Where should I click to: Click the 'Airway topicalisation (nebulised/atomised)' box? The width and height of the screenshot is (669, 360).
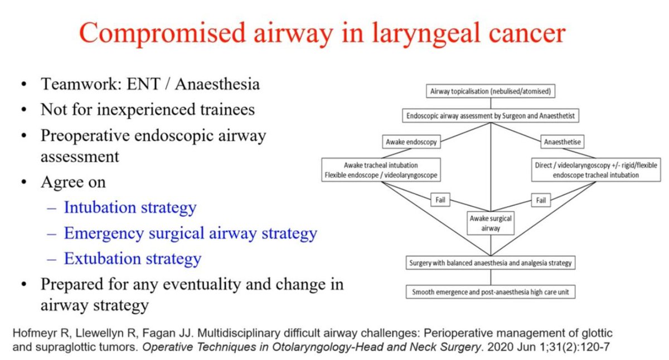tap(491, 91)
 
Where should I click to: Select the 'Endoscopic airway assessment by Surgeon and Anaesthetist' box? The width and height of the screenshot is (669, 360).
tap(491, 116)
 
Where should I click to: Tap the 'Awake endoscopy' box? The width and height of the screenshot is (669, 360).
tap(411, 142)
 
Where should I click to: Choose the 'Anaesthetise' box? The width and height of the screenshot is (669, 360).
tap(562, 142)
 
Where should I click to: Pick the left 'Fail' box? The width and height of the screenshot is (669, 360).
tap(440, 199)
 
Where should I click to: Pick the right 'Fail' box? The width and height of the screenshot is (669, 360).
tap(540, 199)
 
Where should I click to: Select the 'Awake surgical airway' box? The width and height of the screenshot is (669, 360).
tap(490, 223)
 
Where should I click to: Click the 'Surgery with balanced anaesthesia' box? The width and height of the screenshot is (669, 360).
tap(491, 262)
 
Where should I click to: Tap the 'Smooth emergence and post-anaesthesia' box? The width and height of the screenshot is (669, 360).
tap(491, 291)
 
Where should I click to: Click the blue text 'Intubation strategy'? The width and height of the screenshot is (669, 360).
tap(130, 207)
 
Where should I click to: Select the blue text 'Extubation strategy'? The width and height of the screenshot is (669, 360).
tap(132, 259)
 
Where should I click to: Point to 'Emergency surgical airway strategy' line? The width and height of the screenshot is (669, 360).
tap(190, 233)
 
